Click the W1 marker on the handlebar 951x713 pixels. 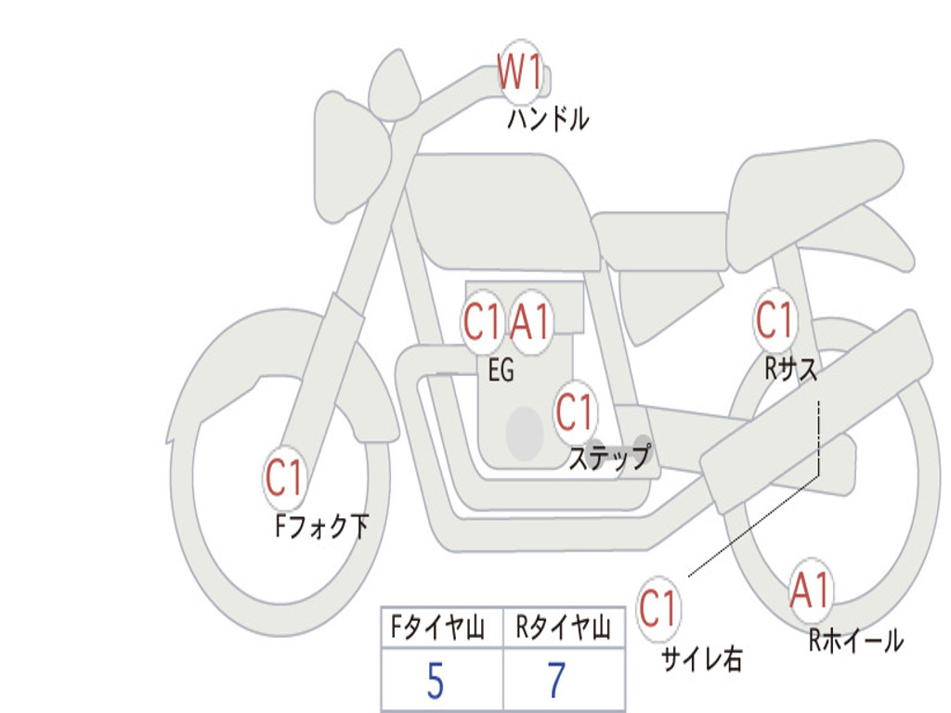coord(520,71)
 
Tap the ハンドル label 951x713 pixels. coord(548,119)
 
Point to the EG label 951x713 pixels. coord(501,371)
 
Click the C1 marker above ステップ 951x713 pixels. coord(575,410)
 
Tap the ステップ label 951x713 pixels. coord(609,457)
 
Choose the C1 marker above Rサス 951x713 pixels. coord(775,320)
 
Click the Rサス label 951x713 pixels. coord(791,369)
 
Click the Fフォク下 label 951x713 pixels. coord(321,527)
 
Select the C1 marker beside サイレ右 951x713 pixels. coord(658,609)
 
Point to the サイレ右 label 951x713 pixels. coord(702,658)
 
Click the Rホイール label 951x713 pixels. coord(855,640)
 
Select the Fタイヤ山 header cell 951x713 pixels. coord(440,629)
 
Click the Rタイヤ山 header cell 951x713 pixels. coord(563,629)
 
